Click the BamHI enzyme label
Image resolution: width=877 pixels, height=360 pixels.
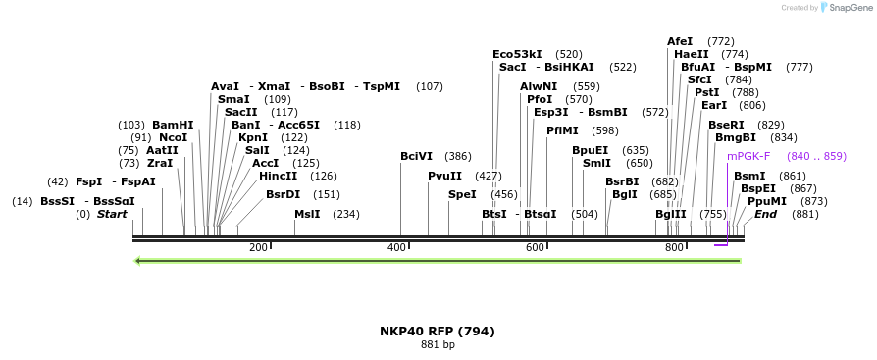click(173, 125)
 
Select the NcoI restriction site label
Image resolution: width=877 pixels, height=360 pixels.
click(173, 137)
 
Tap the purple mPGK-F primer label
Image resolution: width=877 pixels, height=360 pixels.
click(748, 156)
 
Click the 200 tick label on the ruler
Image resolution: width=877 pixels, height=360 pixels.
click(259, 247)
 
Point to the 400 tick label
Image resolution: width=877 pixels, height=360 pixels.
click(396, 247)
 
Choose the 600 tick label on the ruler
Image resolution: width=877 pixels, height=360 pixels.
click(535, 247)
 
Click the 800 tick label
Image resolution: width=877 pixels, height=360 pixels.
click(674, 247)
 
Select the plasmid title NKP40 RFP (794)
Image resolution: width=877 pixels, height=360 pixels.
click(438, 332)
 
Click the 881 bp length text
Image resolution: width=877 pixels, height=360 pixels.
click(438, 345)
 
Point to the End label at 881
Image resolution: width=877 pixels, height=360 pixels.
click(765, 214)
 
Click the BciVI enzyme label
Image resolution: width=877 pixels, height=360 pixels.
click(416, 156)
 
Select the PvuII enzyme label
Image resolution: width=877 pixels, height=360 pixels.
click(444, 176)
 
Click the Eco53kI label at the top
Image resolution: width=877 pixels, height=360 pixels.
click(517, 54)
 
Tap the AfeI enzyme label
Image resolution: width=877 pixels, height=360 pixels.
click(680, 41)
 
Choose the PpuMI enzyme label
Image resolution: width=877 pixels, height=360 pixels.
click(767, 201)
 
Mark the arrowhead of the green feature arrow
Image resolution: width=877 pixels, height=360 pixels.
click(138, 261)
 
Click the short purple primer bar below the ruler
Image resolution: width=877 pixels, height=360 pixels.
click(721, 245)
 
